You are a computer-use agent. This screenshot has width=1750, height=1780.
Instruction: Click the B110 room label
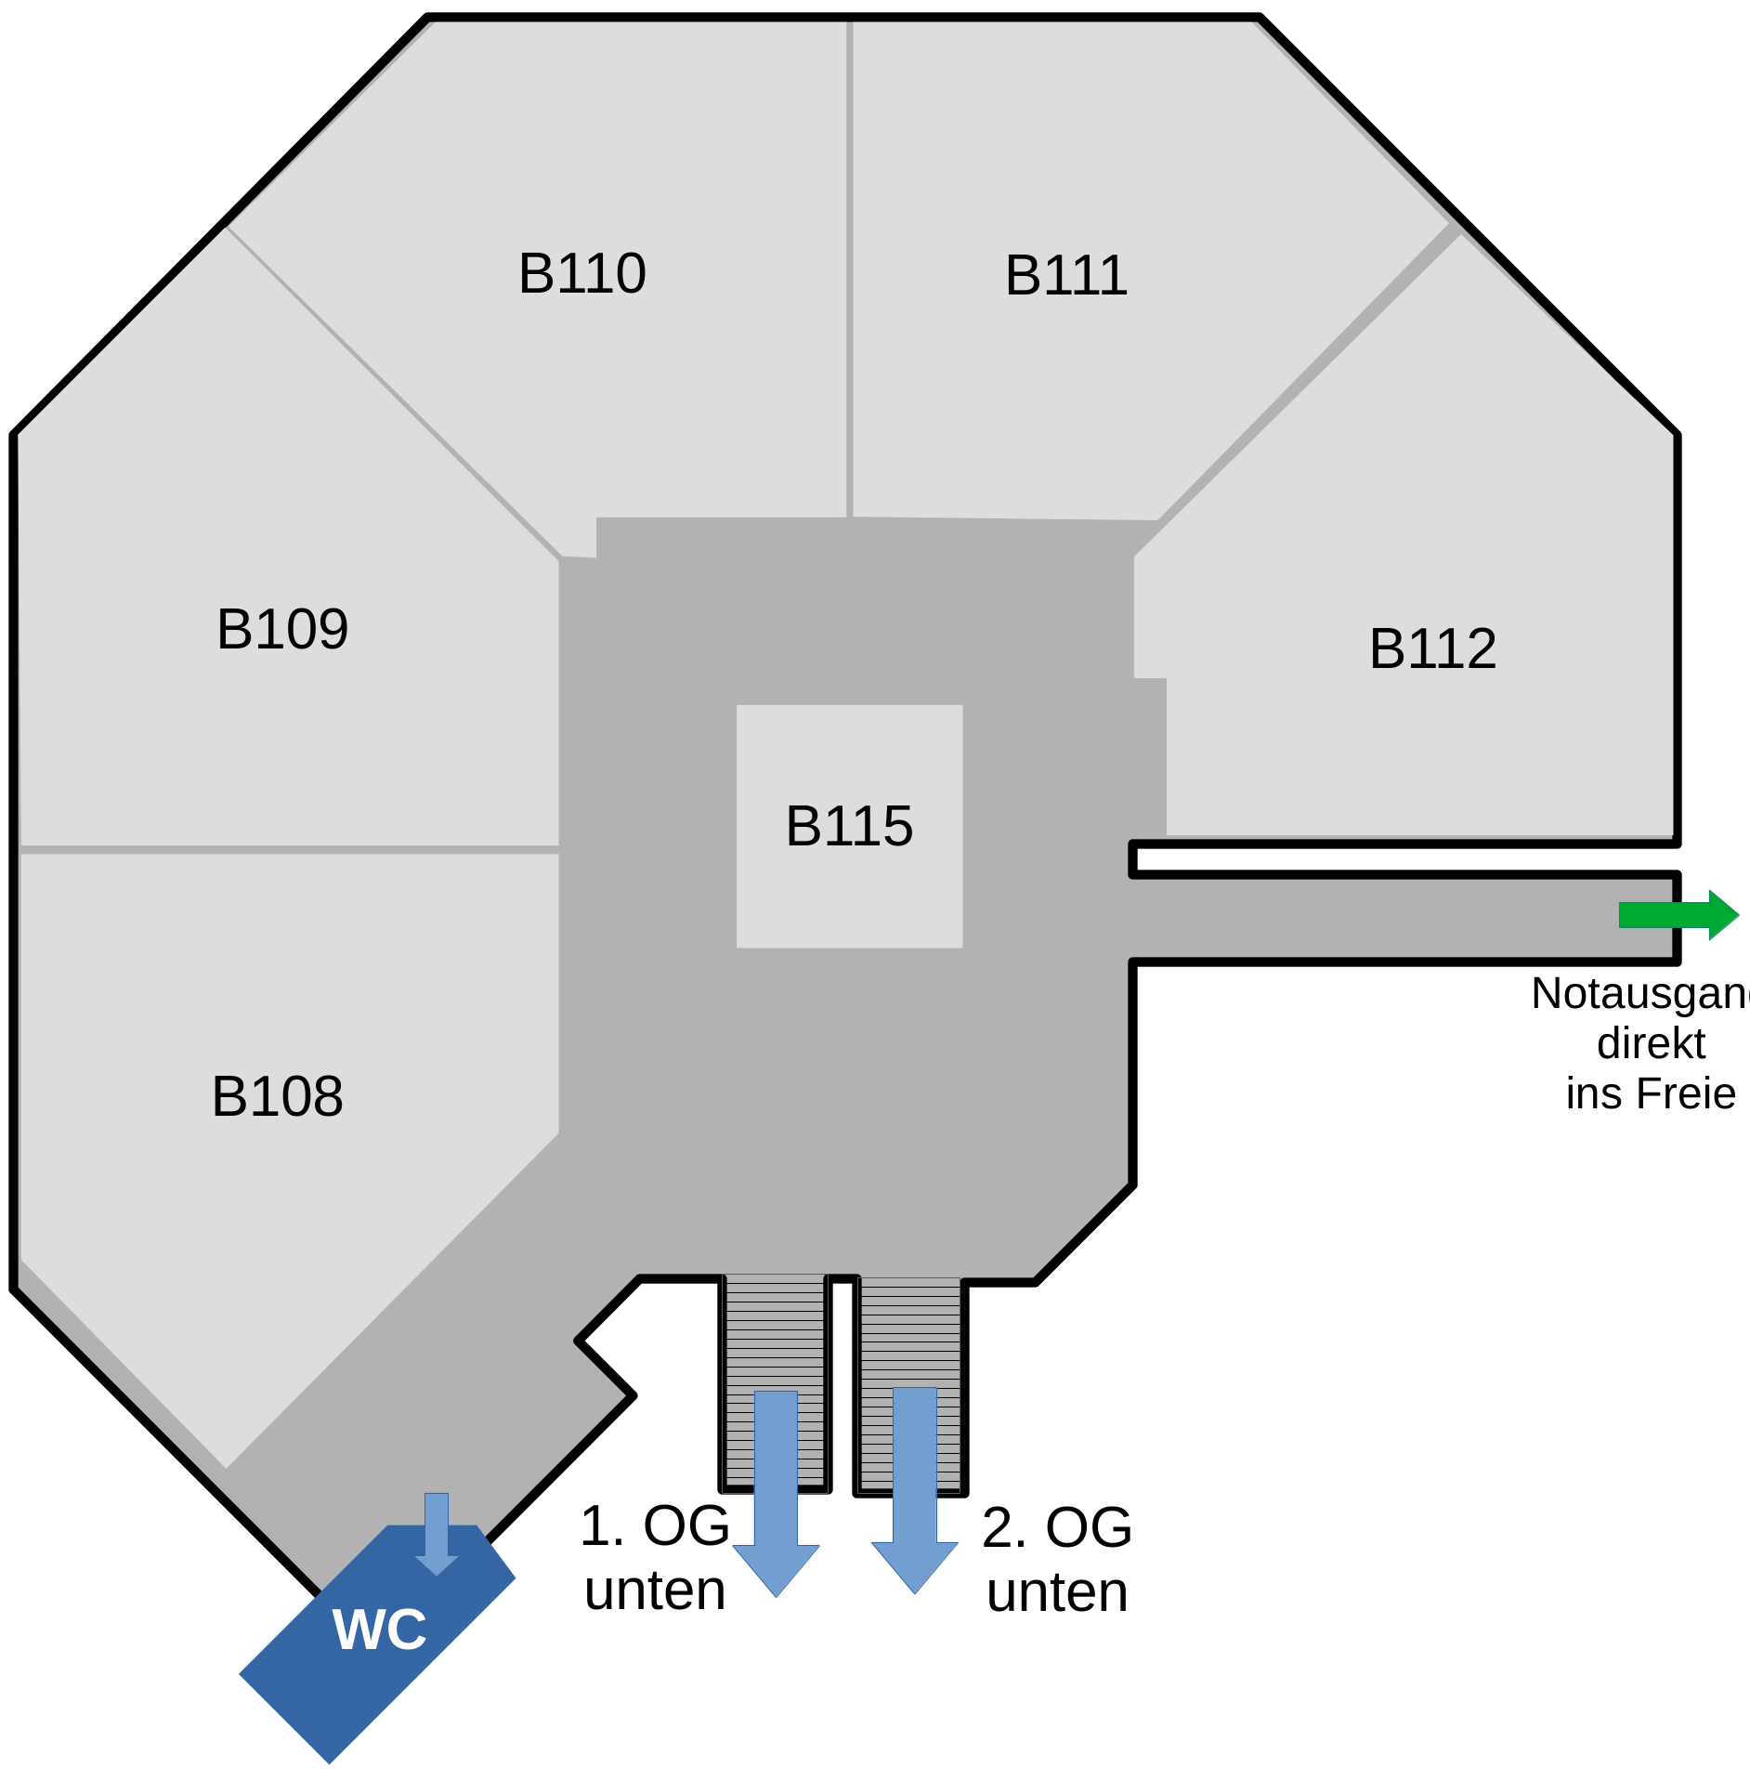coord(582,274)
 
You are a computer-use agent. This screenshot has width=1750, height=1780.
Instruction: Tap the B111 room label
coord(1066,276)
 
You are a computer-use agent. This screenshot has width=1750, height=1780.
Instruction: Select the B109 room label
coord(282,630)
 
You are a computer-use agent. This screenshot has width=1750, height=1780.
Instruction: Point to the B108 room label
coord(278,1097)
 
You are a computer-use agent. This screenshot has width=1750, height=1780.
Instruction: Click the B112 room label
coord(1432,648)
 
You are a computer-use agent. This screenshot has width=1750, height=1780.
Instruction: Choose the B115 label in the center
coord(849,826)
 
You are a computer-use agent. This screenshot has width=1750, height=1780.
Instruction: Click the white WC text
coord(380,1629)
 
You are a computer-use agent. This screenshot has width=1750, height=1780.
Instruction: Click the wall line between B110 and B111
coord(849,269)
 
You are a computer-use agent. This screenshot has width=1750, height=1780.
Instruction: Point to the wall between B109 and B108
coord(288,849)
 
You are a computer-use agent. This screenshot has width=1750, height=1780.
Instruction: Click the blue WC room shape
coord(372,1672)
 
